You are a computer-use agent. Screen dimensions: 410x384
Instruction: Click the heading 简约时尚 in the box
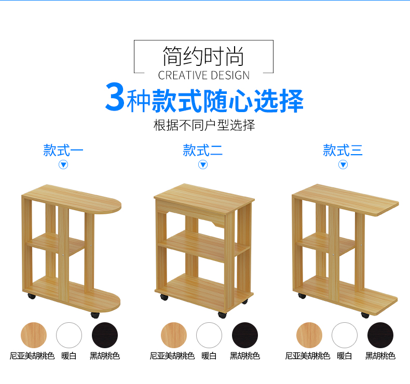click(x=203, y=56)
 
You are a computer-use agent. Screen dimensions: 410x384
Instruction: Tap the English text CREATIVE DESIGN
click(x=203, y=75)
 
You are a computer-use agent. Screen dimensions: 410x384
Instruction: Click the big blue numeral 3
click(x=115, y=96)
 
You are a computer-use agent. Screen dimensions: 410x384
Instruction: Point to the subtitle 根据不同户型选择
click(x=204, y=125)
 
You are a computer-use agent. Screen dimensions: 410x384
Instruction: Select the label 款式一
click(x=63, y=150)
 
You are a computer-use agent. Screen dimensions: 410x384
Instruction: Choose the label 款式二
click(x=202, y=150)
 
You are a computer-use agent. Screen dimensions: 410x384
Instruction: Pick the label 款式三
click(x=343, y=150)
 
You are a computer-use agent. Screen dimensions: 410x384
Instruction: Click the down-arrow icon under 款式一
click(x=63, y=164)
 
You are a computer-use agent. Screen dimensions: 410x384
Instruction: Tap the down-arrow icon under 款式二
click(x=203, y=164)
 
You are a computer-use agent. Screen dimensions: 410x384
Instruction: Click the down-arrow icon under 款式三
click(x=343, y=164)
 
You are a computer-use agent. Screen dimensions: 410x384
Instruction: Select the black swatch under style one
click(x=105, y=335)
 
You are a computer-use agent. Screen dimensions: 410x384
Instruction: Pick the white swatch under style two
click(x=209, y=335)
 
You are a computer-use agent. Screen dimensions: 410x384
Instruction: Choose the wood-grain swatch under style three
click(x=309, y=335)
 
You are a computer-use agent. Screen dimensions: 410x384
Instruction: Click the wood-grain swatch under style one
click(x=34, y=335)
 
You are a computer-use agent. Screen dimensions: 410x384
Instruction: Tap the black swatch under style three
click(x=380, y=335)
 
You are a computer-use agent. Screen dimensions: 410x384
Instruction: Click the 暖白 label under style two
click(x=209, y=356)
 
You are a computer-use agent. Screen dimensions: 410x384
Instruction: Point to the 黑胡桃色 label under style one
click(x=105, y=356)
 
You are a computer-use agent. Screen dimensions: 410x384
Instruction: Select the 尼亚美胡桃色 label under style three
click(x=307, y=356)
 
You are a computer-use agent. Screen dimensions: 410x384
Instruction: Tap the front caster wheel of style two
click(x=222, y=315)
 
